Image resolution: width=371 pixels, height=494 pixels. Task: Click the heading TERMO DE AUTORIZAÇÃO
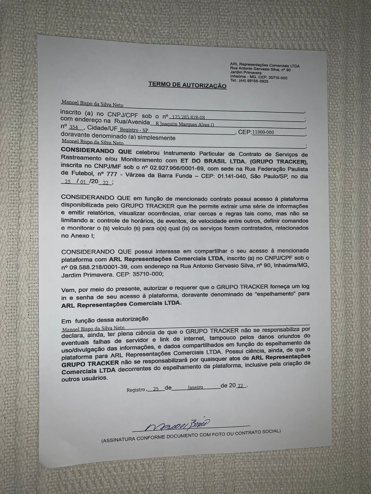[187, 84]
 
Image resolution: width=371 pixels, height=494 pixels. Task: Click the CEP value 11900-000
[263, 132]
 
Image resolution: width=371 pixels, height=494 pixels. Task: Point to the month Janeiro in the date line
[195, 387]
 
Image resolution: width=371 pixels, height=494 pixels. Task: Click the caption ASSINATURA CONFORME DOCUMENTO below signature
[191, 436]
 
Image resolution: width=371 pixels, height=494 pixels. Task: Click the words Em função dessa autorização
[105, 319]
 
